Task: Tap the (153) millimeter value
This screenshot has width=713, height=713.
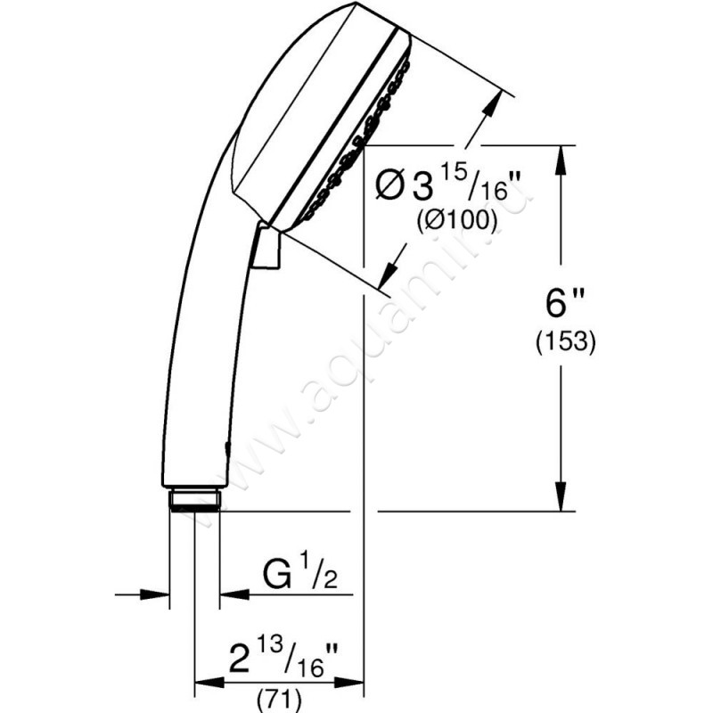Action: coord(565,342)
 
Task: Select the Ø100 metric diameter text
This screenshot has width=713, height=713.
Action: coord(456,222)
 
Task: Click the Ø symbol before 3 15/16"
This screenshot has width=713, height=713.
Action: coord(389,188)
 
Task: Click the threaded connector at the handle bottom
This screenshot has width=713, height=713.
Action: coord(194,499)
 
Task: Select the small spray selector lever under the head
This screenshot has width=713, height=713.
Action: coord(266,246)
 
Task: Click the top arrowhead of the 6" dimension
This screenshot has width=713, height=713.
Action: coord(561,157)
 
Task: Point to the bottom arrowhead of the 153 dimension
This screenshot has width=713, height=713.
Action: coord(561,500)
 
